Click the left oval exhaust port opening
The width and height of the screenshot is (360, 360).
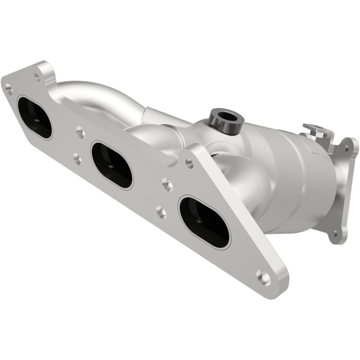coord(35,117)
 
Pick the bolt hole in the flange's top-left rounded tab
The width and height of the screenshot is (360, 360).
coord(37,77)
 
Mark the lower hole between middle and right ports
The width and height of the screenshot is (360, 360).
coord(161,211)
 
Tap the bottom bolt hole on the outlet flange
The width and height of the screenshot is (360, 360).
coord(334,234)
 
